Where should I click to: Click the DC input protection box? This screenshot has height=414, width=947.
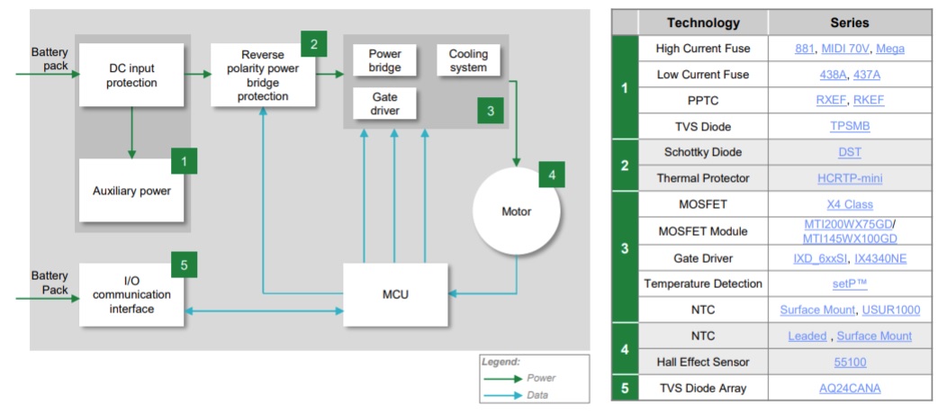coord(131,75)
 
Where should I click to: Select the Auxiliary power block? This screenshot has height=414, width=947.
coord(131,191)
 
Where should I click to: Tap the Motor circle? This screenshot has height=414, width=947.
coord(517,211)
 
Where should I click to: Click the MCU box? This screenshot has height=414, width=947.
coord(395,295)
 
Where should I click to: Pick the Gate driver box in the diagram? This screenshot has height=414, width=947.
coord(384,103)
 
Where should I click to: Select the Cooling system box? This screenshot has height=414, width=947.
coord(468,60)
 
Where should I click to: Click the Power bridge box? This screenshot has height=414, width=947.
coord(384,60)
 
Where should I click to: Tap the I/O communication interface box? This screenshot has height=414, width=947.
coord(131,295)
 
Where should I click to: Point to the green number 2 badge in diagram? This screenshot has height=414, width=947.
coord(314,43)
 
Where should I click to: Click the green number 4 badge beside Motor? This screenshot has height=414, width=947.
coord(552,175)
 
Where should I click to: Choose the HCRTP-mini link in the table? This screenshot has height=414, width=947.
coord(850,178)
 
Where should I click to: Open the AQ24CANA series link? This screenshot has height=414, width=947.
coord(850,388)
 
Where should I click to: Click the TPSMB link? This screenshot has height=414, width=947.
coord(850,126)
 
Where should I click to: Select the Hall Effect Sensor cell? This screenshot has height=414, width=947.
coord(703,362)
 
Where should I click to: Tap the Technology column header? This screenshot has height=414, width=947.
coord(703,22)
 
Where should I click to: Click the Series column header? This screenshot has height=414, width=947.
coord(850,22)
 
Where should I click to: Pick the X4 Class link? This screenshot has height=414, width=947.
coord(850,204)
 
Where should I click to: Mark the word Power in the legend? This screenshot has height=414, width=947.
coord(541,378)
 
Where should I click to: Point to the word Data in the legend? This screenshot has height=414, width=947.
coord(537,396)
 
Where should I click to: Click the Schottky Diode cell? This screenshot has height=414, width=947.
coord(703,152)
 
